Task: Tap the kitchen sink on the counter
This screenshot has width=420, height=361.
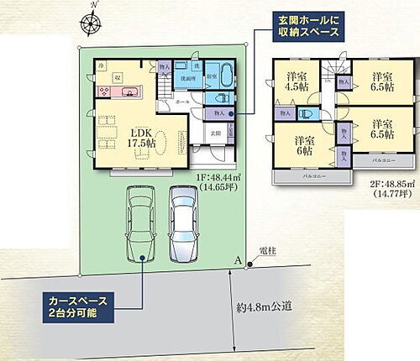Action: [x=134, y=93]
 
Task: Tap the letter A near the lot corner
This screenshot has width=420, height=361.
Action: [x=239, y=261]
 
